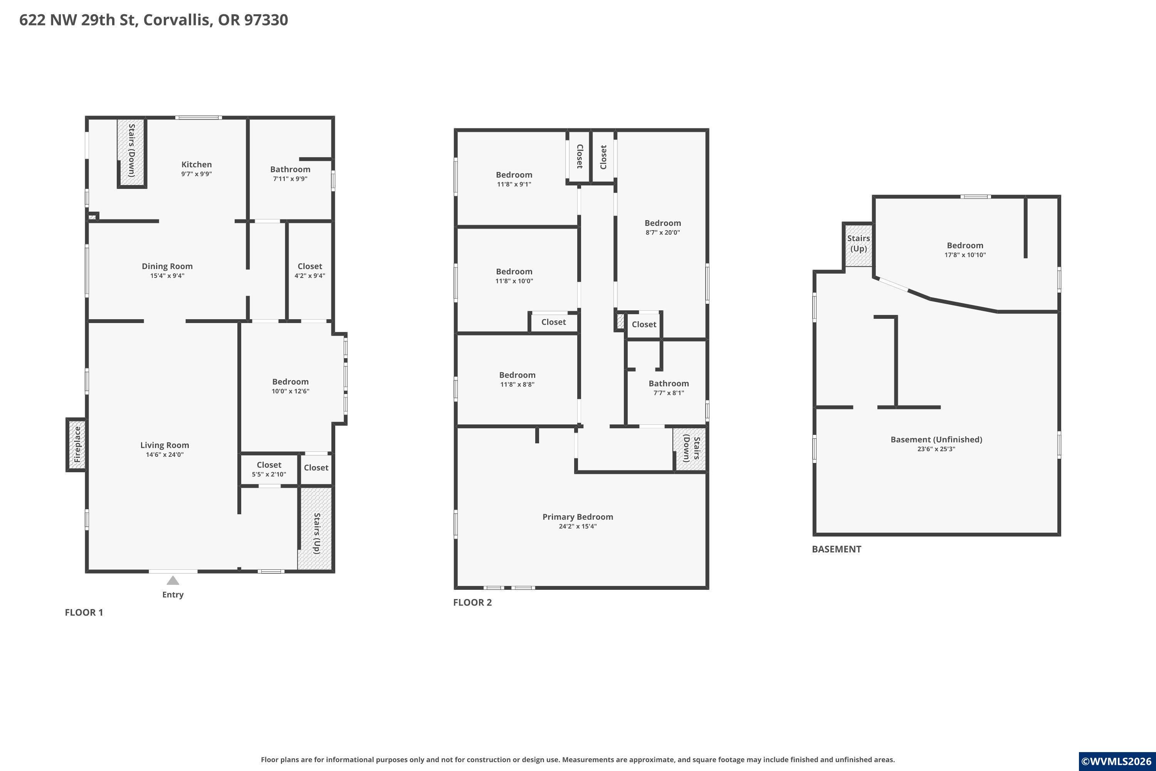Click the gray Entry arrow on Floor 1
[x=173, y=580]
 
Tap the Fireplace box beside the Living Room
[x=76, y=445]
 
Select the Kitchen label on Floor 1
[x=197, y=164]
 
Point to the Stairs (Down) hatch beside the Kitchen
[x=131, y=152]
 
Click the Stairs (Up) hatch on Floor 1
[x=316, y=529]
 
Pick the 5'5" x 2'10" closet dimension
[x=269, y=475]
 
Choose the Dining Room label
[x=167, y=266]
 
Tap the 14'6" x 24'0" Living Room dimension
[x=165, y=455]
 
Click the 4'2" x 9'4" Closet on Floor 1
[x=310, y=271]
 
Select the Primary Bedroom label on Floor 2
[x=578, y=517]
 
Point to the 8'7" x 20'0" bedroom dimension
[x=662, y=232]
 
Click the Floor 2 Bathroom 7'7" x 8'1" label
[x=669, y=388]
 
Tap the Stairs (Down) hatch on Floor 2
[x=690, y=448]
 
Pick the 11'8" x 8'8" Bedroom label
[x=517, y=379]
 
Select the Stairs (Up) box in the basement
[x=859, y=244]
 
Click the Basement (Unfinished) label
[x=936, y=439]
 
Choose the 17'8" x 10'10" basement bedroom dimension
[x=965, y=255]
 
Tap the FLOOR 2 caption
[x=472, y=602]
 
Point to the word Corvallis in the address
[x=178, y=20]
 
